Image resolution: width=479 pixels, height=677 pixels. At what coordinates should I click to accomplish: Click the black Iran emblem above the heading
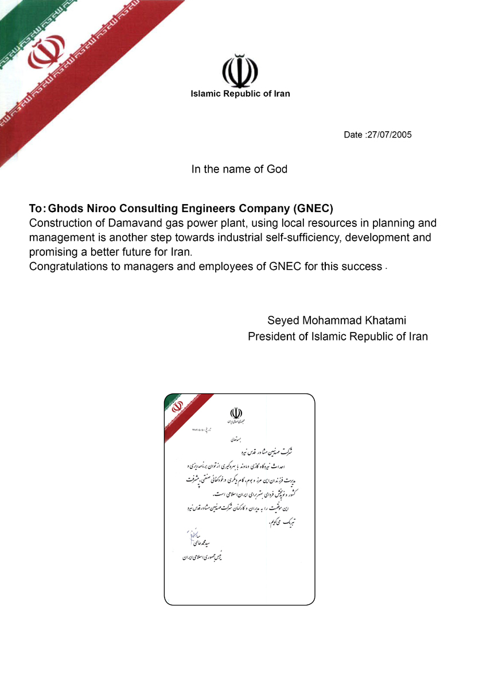pyautogui.click(x=240, y=71)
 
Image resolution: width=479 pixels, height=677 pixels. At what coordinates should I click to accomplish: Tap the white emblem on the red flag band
pyautogui.click(x=47, y=52)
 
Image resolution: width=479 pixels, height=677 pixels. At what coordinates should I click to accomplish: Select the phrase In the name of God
pyautogui.click(x=239, y=169)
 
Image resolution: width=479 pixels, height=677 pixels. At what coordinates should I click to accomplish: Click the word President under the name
pyautogui.click(x=272, y=336)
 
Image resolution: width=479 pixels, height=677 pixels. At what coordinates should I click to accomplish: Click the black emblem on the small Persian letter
pyautogui.click(x=236, y=413)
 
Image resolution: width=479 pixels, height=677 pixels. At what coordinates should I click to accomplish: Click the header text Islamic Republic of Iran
pyautogui.click(x=240, y=94)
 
